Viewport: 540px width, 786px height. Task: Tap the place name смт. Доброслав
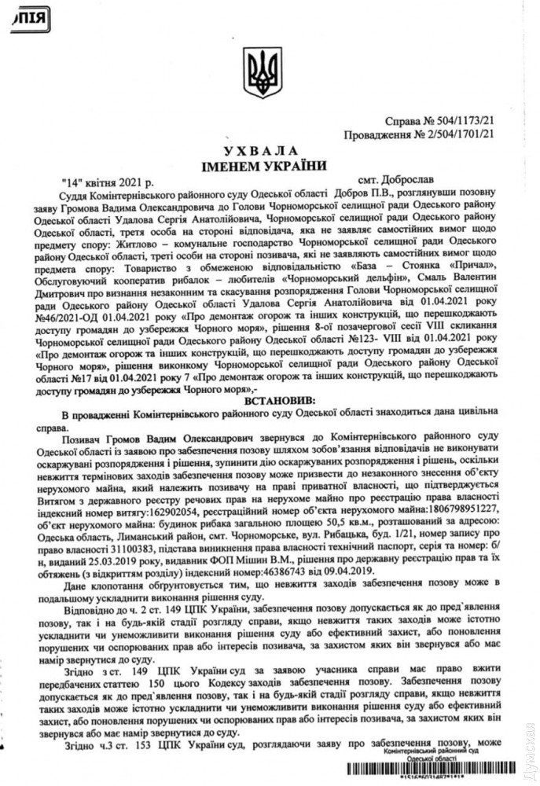[406, 179]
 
